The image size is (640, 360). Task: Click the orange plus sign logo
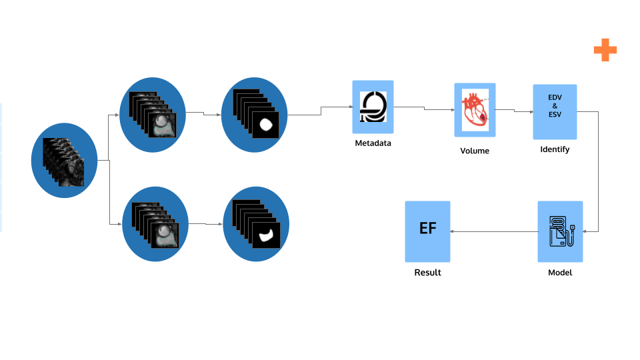(605, 50)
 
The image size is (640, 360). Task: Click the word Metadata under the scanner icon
(373, 143)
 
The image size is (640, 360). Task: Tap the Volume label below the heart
(475, 151)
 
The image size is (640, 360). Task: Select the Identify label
(555, 149)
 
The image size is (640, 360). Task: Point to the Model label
(560, 273)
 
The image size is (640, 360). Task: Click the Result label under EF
(427, 273)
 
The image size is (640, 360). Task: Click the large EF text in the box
(427, 229)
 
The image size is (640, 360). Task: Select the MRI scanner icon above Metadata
(373, 106)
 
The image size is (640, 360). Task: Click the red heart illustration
(475, 109)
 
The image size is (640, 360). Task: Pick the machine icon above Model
(560, 231)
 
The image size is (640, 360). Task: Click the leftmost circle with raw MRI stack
(64, 160)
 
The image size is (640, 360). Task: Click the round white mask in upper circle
(267, 124)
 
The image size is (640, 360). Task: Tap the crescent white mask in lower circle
(267, 233)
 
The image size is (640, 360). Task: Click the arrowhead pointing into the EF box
(453, 231)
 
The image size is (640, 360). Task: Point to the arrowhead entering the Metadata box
(350, 107)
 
